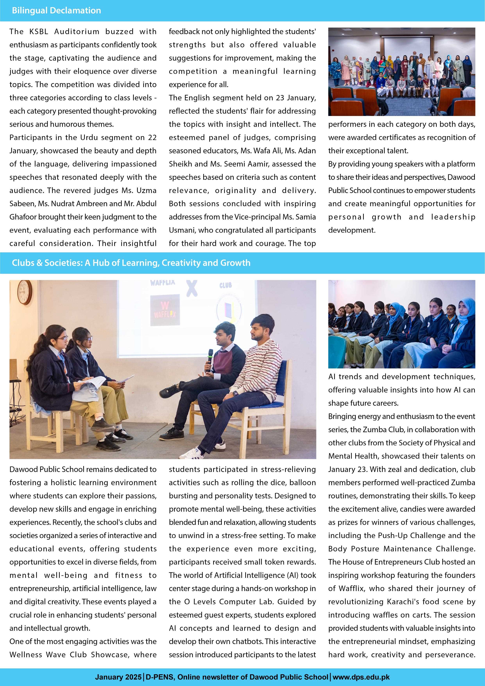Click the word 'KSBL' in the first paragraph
pos(38,32)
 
